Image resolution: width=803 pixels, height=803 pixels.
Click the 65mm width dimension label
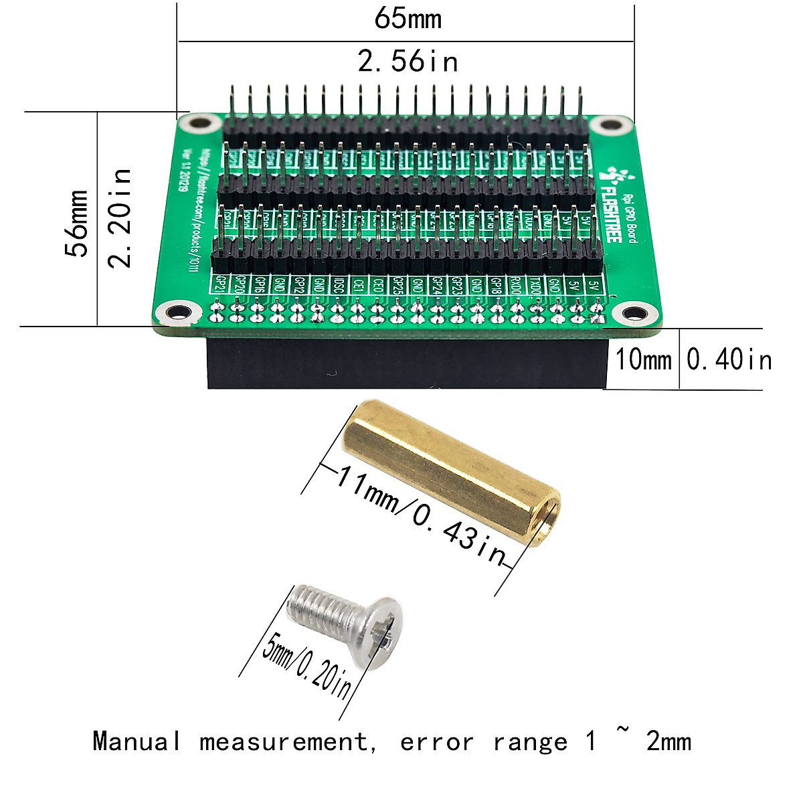(408, 18)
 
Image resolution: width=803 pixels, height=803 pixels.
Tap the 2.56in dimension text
(408, 62)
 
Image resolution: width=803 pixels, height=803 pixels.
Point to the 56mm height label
(76, 223)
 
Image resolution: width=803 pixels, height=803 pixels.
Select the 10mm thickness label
(643, 359)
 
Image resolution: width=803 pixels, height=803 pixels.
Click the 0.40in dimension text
(729, 359)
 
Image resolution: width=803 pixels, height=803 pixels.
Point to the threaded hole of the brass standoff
(551, 513)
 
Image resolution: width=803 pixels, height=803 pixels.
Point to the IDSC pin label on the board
(339, 284)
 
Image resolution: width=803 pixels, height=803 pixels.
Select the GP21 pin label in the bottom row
(218, 284)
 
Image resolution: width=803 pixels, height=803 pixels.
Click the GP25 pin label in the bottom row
(398, 285)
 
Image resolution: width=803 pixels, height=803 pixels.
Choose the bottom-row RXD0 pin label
(515, 285)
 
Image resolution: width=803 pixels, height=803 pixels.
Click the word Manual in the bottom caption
(137, 741)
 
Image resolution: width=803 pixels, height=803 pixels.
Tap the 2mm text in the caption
(668, 741)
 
